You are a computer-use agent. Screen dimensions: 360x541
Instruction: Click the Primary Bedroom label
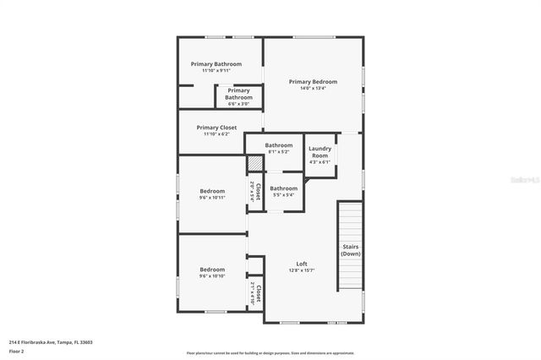pos(313,82)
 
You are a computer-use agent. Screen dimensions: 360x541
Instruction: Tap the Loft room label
pos(301,263)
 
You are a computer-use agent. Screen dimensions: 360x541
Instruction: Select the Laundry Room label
pos(320,152)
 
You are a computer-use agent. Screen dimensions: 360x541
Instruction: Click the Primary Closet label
pos(216,128)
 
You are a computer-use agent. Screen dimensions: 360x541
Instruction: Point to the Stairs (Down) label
pos(351,250)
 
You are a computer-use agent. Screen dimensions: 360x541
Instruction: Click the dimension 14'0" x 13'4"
pos(313,89)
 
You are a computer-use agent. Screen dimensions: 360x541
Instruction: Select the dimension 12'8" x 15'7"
pos(301,270)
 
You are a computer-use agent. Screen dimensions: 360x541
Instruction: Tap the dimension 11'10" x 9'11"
pos(216,71)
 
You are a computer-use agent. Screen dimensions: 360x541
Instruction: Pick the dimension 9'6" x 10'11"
pos(212,199)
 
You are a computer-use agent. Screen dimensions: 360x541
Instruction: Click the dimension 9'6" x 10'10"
pos(212,276)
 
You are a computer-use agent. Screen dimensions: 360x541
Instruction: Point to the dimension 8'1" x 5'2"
pos(279,152)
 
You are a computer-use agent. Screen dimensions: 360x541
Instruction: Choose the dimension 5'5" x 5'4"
pos(283,195)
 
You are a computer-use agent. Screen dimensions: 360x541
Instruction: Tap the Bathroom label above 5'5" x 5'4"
pos(283,188)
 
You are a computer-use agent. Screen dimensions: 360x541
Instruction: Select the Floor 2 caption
pos(17,351)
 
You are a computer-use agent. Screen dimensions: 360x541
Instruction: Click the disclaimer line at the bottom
pos(270,353)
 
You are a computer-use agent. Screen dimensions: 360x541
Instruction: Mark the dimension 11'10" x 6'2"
pos(216,134)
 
